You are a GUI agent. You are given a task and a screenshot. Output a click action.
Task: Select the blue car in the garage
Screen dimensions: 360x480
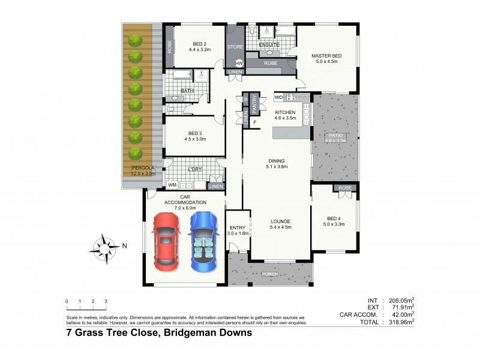(x=202, y=241)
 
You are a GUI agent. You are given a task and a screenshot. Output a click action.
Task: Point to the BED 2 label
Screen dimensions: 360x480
(x=200, y=43)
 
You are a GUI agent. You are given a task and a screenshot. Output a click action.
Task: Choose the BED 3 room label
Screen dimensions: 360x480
(x=195, y=133)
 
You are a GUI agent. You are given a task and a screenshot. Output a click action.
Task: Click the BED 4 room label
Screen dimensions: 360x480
(x=334, y=218)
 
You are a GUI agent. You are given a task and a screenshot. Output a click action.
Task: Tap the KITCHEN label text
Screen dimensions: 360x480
(x=286, y=112)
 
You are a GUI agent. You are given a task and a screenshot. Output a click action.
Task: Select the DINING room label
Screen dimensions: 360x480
(x=277, y=160)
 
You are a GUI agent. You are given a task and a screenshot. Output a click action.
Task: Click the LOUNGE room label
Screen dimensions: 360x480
(x=281, y=221)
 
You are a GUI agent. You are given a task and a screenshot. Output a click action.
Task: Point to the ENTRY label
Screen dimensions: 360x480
(x=238, y=227)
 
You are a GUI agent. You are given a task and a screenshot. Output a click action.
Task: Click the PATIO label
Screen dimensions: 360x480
(x=335, y=136)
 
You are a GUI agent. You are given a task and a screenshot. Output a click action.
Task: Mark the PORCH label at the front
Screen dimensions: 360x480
(x=270, y=274)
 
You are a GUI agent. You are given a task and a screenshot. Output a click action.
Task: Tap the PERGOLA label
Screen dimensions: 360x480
(x=143, y=167)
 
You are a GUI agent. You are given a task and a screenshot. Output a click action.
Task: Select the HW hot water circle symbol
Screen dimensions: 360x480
(x=239, y=63)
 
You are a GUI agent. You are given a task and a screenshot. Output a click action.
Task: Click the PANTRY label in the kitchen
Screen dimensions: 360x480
(x=254, y=104)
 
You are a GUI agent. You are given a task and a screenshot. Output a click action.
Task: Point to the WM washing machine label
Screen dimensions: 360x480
(x=172, y=185)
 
